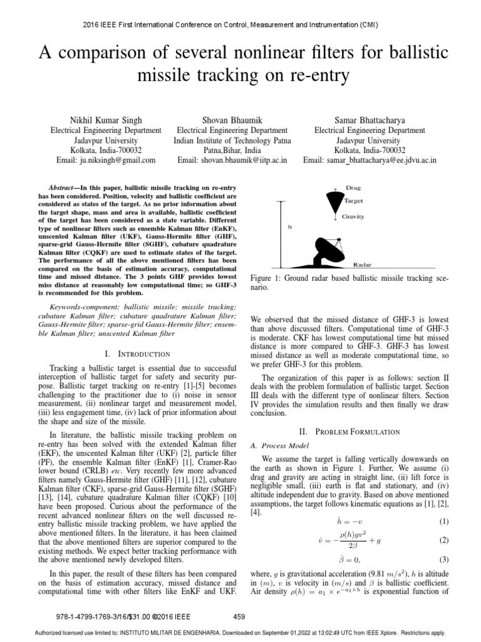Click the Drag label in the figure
point(354,188)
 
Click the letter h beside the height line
point(290,228)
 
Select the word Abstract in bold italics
point(64,187)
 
